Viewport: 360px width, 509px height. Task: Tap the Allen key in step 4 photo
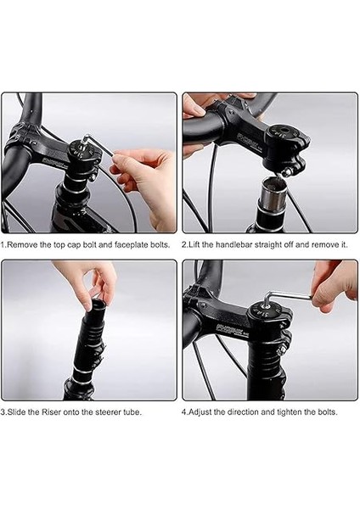point(286,296)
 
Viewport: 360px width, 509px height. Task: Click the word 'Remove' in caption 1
point(22,245)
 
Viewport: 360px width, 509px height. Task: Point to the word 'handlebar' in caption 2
point(233,244)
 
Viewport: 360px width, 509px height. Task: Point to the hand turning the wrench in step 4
point(334,286)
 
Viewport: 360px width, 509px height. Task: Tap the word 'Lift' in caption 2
point(194,244)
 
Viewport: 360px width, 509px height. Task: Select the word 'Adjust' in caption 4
point(200,412)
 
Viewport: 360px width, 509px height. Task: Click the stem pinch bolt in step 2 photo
point(287,173)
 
